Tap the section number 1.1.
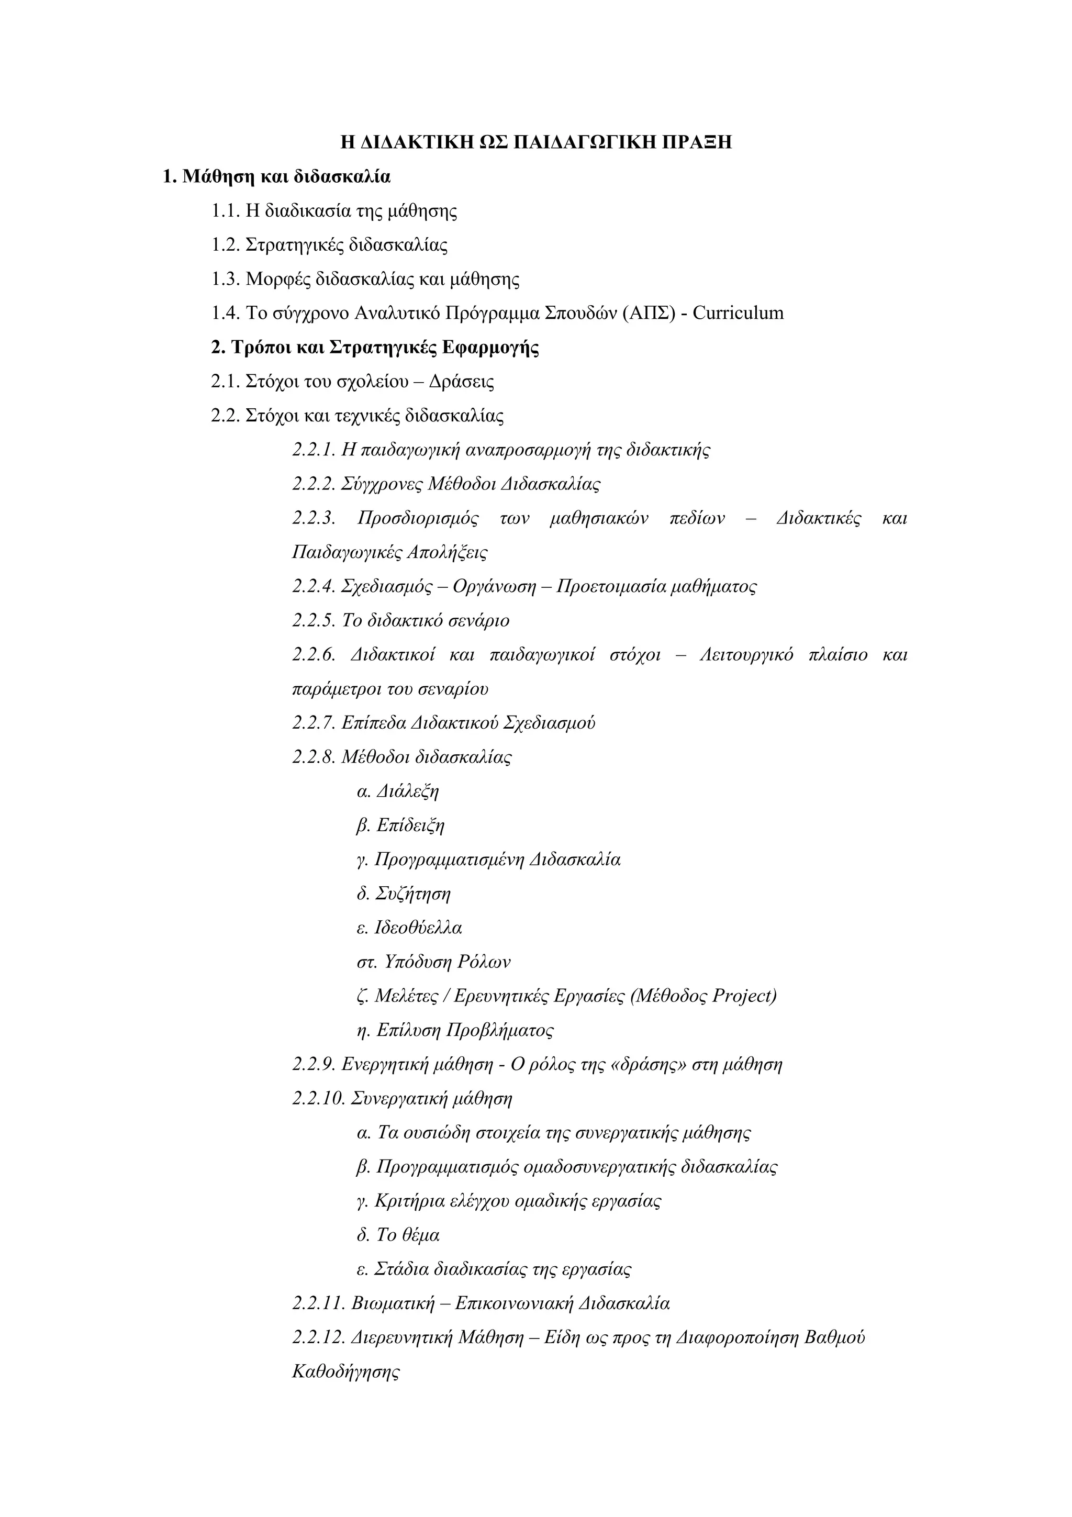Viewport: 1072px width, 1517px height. (x=226, y=211)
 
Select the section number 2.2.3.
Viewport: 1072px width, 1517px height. (x=314, y=518)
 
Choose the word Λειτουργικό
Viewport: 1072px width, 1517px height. (x=746, y=655)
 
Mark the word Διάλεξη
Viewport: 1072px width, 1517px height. (x=408, y=791)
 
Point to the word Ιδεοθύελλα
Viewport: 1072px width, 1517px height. (x=418, y=928)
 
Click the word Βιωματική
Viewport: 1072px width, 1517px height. (x=393, y=1303)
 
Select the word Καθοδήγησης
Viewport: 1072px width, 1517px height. (x=345, y=1371)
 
